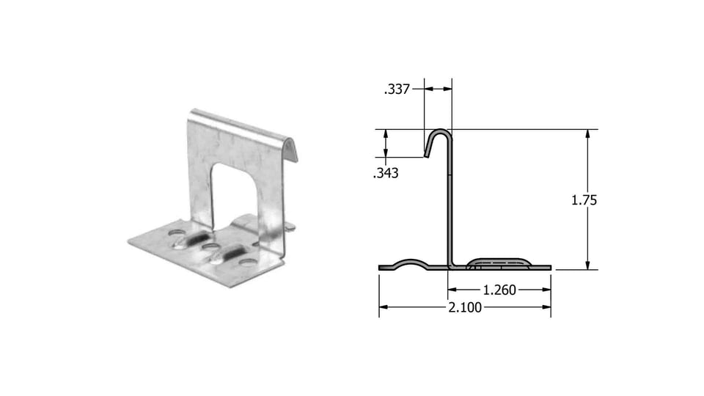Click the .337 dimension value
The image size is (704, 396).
(397, 89)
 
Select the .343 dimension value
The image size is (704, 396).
(386, 174)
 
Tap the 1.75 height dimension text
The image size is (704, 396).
(584, 199)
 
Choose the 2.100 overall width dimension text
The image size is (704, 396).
(465, 307)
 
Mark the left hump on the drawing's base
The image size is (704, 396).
(414, 262)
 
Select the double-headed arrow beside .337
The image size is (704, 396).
(438, 89)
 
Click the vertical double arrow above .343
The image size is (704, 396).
(386, 144)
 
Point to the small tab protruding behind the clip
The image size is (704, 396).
(290, 227)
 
